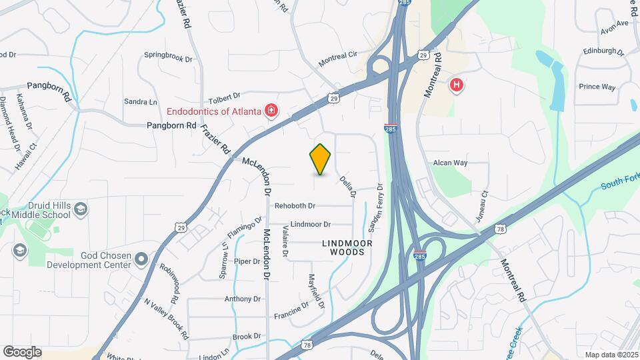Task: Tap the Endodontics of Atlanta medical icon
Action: point(271,110)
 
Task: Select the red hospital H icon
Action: point(457,85)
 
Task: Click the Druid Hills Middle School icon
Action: point(80,209)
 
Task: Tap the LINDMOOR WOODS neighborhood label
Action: point(343,247)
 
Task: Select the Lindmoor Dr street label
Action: point(311,225)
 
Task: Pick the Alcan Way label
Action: point(450,163)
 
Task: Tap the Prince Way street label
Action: point(597,87)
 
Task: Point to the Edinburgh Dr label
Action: point(601,51)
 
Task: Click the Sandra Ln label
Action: point(141,102)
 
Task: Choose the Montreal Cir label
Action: point(338,59)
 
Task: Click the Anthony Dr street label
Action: point(243,299)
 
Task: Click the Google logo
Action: point(22,351)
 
